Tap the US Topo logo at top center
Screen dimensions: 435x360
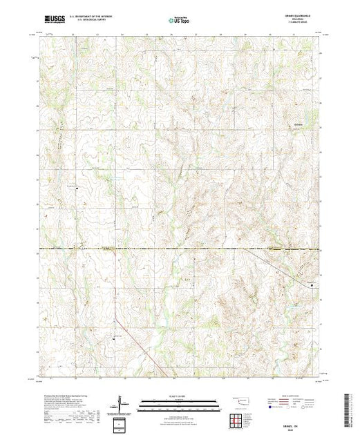coord(179,21)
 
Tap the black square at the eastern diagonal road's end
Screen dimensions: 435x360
coord(315,285)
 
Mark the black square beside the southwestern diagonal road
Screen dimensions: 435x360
coord(113,338)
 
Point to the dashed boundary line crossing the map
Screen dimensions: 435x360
coord(180,248)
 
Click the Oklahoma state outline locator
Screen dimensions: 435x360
coord(243,402)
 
